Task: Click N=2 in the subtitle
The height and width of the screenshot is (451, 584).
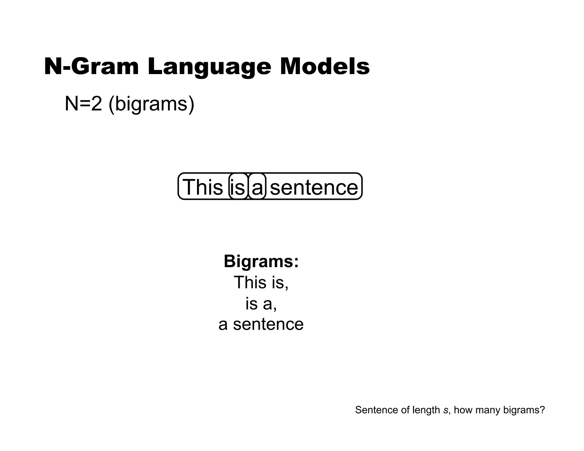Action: pos(83,103)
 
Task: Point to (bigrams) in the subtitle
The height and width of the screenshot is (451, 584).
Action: pos(151,104)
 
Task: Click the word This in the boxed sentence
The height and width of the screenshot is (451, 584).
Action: pos(202,187)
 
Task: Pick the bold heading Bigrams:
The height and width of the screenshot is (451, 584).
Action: pos(261,261)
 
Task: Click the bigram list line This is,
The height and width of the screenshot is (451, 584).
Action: pos(261,282)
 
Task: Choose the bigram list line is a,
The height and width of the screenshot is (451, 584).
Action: pos(261,304)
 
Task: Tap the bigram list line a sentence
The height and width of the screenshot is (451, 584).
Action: pos(261,324)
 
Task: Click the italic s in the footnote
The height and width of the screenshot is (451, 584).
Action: pos(446,410)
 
